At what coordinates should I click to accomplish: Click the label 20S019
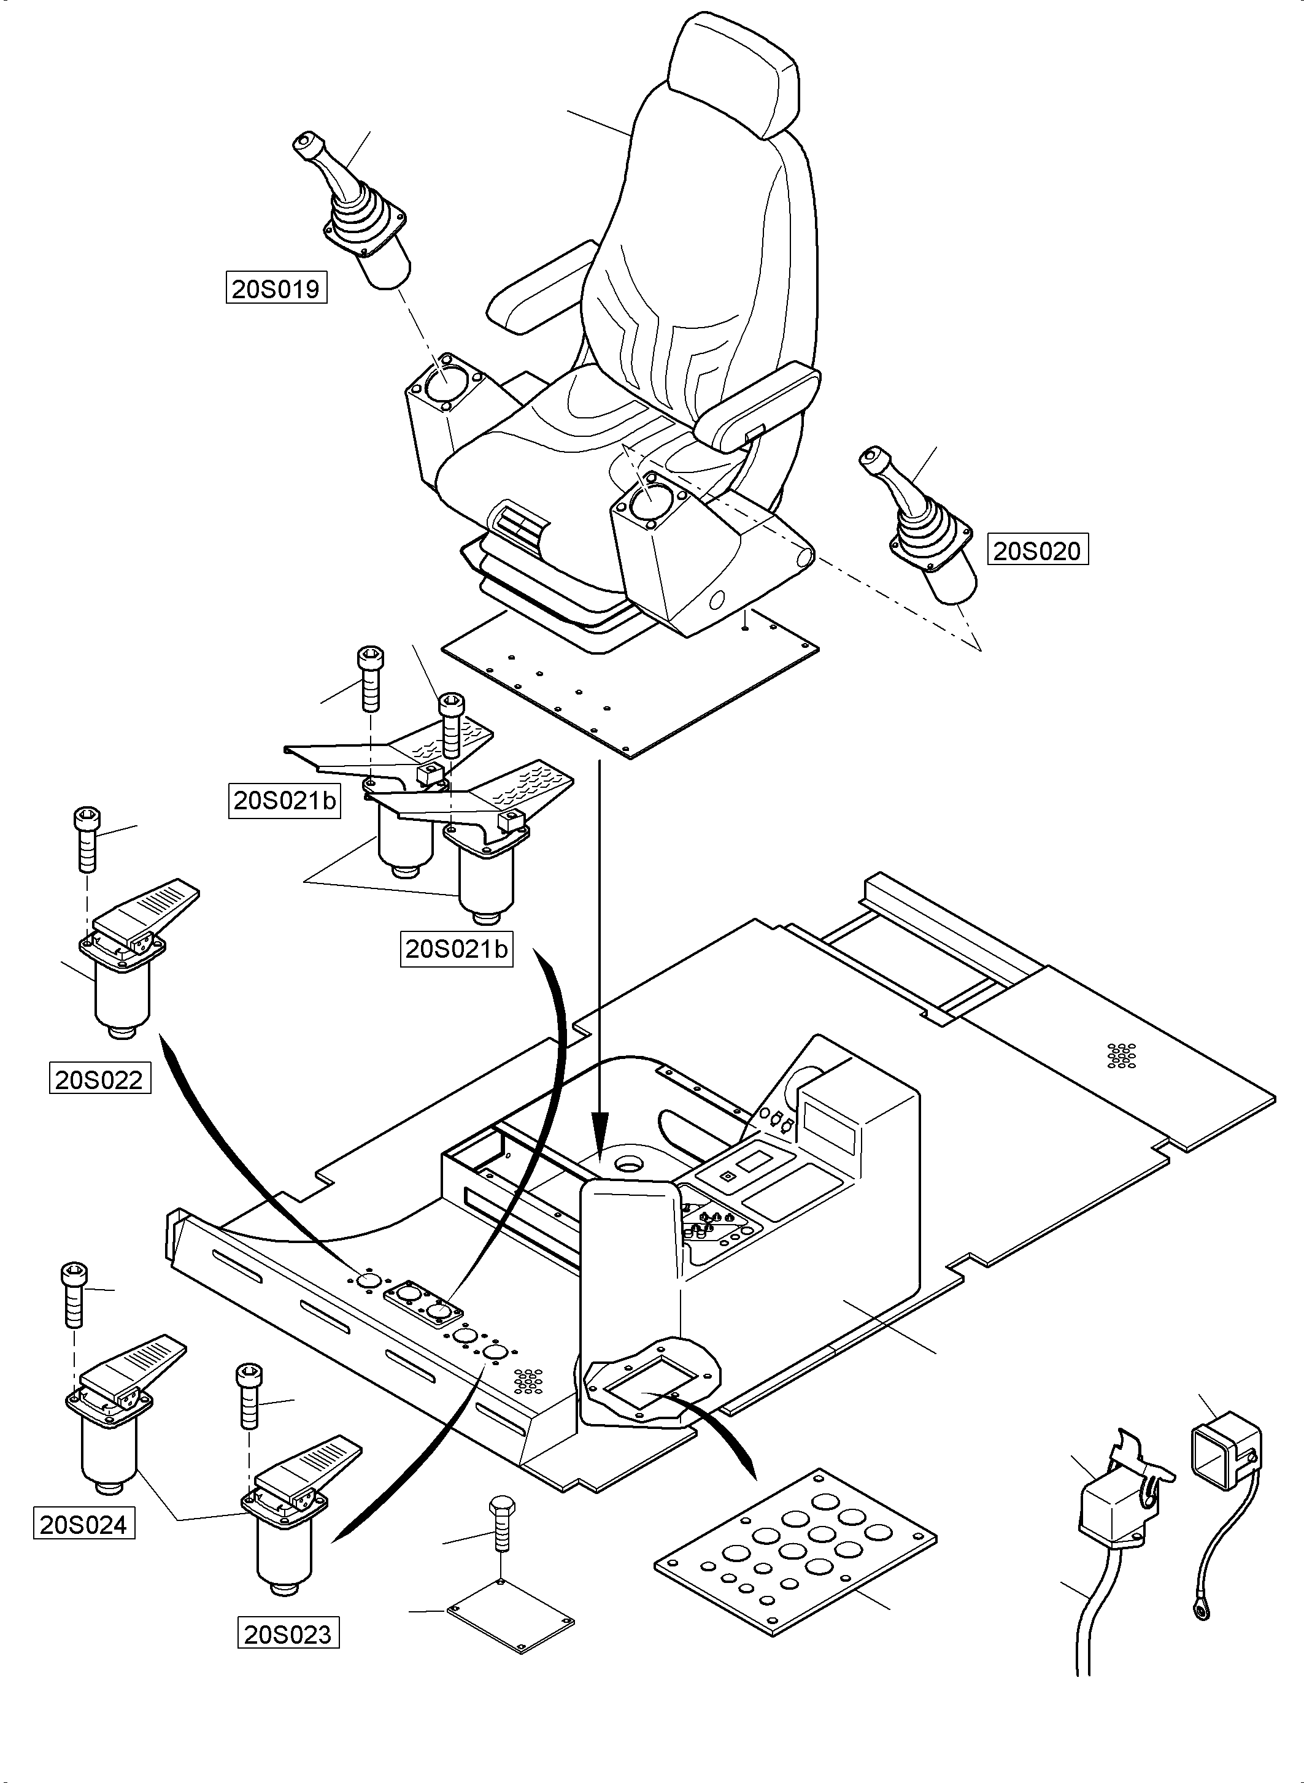(x=276, y=289)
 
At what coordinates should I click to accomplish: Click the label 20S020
(x=1037, y=550)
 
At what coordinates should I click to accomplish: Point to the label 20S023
(x=288, y=1633)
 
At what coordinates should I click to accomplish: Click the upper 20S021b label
(x=285, y=800)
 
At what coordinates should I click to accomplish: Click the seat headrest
(x=733, y=75)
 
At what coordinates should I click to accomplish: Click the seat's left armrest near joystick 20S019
(x=545, y=289)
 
